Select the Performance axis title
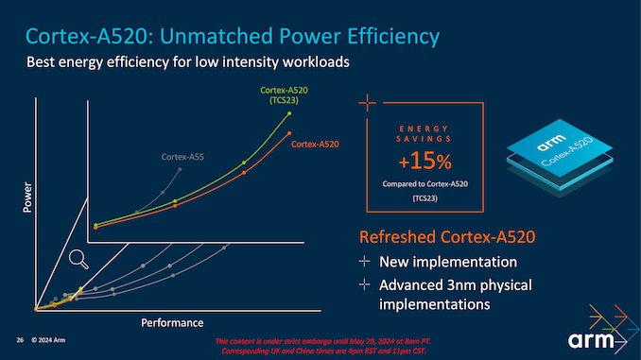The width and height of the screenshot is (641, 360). click(x=172, y=323)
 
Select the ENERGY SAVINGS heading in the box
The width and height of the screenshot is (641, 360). click(x=424, y=133)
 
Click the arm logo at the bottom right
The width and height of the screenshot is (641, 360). click(x=594, y=340)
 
